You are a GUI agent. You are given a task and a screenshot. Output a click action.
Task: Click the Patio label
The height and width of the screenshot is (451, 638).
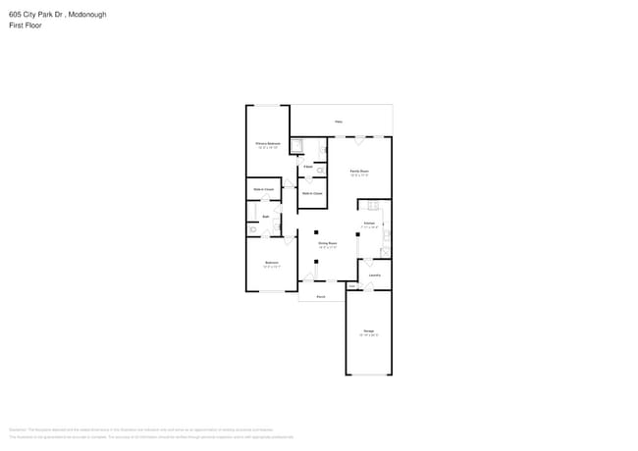[x=339, y=122]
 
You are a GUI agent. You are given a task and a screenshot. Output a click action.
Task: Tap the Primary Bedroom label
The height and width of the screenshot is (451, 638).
[x=268, y=144]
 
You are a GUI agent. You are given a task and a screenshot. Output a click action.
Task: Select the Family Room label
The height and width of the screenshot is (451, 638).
[x=359, y=172]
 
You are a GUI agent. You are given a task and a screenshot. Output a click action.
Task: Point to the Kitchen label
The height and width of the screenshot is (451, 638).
[x=369, y=225]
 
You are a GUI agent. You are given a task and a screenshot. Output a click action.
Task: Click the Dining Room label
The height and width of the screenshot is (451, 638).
[x=327, y=244]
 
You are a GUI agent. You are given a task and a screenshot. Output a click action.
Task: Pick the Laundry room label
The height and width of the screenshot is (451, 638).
[x=374, y=276]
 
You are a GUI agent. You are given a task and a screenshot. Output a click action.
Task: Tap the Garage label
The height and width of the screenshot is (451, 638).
[x=368, y=331]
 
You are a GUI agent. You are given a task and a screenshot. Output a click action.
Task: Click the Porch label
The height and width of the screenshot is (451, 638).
[x=320, y=295]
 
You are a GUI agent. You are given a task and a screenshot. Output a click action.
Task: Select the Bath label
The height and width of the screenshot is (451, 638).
[x=265, y=216]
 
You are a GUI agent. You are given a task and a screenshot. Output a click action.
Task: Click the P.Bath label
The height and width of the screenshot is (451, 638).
[x=307, y=167]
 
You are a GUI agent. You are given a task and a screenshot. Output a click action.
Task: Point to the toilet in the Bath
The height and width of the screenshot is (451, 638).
[x=253, y=229]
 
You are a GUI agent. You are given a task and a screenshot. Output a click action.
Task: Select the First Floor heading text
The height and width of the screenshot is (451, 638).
[x=26, y=25]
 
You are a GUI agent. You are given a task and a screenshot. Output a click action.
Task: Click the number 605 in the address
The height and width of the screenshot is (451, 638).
[x=15, y=15]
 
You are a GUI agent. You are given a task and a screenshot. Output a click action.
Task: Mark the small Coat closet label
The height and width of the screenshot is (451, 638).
[x=351, y=286]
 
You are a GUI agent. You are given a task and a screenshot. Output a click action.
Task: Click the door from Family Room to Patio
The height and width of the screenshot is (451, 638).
[x=359, y=137]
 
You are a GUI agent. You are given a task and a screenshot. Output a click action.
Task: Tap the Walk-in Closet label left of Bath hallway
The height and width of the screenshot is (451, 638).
[x=263, y=189]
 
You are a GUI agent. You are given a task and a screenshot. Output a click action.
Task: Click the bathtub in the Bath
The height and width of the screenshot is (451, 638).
[x=251, y=211]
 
